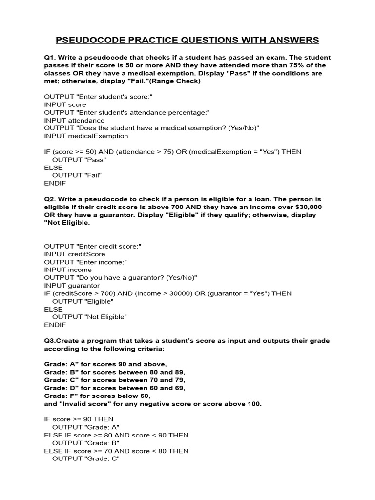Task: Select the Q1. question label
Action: (x=51, y=58)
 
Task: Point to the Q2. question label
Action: (x=51, y=199)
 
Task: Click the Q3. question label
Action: (x=51, y=341)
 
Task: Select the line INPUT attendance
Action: (x=74, y=120)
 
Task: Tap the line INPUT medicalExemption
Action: (x=86, y=136)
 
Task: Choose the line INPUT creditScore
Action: (x=75, y=254)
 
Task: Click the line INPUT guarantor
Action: (x=72, y=285)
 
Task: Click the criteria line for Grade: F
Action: (x=98, y=396)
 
